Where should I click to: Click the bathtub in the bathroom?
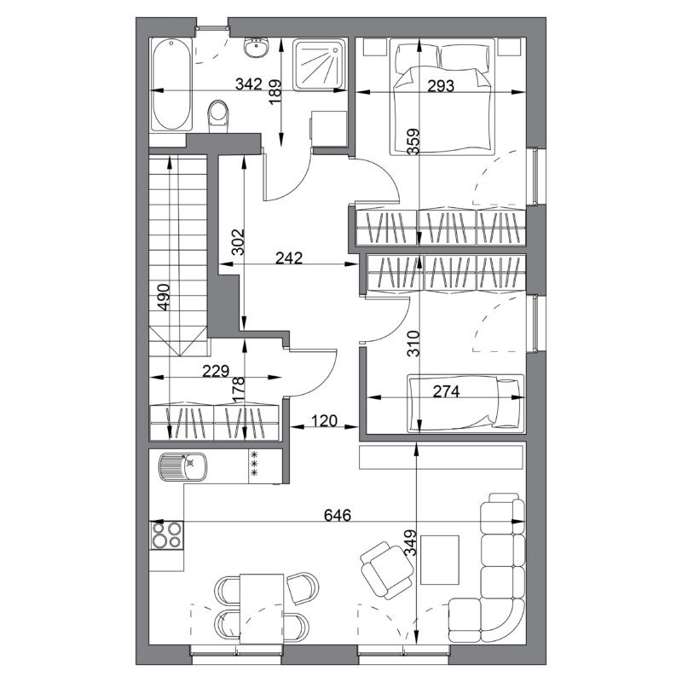click(x=171, y=84)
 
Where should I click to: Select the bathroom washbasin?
click(x=256, y=48)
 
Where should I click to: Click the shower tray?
click(x=319, y=65)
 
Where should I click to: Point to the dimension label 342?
click(x=249, y=84)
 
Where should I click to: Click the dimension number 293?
click(x=441, y=86)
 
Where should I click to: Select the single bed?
click(x=465, y=403)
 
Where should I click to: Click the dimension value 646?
click(x=338, y=515)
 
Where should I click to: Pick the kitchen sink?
click(x=183, y=466)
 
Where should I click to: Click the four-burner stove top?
click(x=166, y=535)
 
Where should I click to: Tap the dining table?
click(x=262, y=609)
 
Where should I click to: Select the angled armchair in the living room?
click(x=387, y=570)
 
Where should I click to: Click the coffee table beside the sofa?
click(x=440, y=560)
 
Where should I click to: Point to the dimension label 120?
click(x=325, y=420)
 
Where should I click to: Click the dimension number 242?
click(x=289, y=258)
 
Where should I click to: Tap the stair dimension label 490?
click(x=163, y=297)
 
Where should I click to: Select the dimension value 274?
click(x=446, y=391)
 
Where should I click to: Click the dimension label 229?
click(x=216, y=371)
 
